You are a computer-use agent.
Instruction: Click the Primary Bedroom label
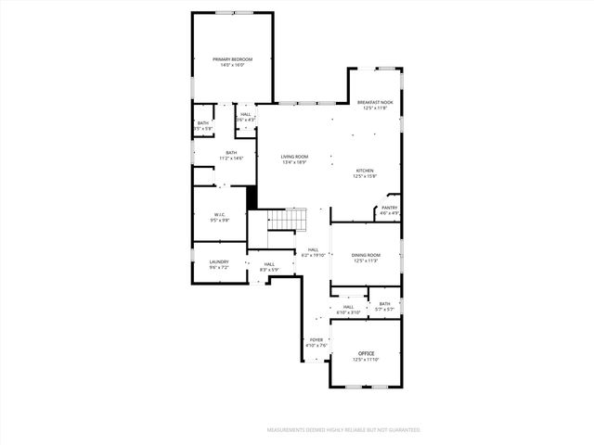pyautogui.click(x=232, y=59)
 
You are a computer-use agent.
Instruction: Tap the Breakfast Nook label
pyautogui.click(x=376, y=102)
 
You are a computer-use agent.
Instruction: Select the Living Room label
pyautogui.click(x=294, y=157)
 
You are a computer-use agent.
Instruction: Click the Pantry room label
pyautogui.click(x=390, y=208)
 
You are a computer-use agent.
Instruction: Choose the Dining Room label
pyautogui.click(x=366, y=255)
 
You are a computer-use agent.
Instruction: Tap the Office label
pyautogui.click(x=367, y=353)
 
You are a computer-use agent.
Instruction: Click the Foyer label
pyautogui.click(x=316, y=340)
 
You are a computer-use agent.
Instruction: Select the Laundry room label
pyautogui.click(x=219, y=261)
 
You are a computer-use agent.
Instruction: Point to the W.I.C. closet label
pyautogui.click(x=220, y=215)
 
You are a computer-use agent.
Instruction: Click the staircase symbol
pyautogui.click(x=287, y=221)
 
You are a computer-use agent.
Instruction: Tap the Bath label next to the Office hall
pyautogui.click(x=384, y=303)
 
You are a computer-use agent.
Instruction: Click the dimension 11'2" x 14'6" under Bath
pyautogui.click(x=231, y=159)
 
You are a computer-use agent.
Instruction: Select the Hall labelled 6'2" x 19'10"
pyautogui.click(x=314, y=254)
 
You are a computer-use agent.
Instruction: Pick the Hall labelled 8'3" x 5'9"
pyautogui.click(x=269, y=270)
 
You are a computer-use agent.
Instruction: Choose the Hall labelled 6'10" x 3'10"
pyautogui.click(x=349, y=312)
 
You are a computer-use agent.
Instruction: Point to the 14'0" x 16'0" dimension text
pyautogui.click(x=232, y=65)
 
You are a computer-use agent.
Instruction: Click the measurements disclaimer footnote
pyautogui.click(x=343, y=430)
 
